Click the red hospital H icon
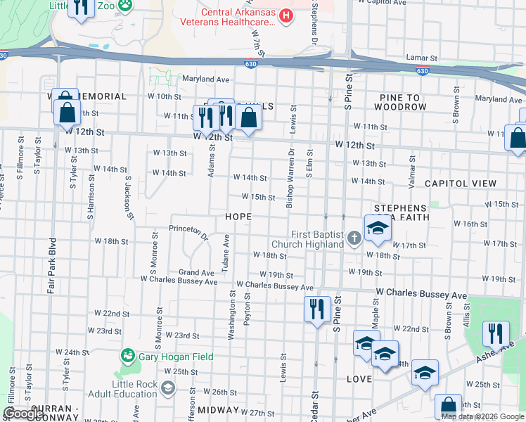pyautogui.click(x=286, y=15)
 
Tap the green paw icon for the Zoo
pyautogui.click(x=125, y=6)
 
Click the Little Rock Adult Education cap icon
pyautogui.click(x=168, y=388)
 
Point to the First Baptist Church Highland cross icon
pyautogui.click(x=354, y=239)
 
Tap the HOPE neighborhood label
pyautogui.click(x=238, y=217)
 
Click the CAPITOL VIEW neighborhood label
pyautogui.click(x=461, y=184)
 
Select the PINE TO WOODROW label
pyautogui.click(x=400, y=102)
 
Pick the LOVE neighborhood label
pyautogui.click(x=359, y=379)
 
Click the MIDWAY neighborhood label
pyautogui.click(x=219, y=409)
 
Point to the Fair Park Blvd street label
pyautogui.click(x=51, y=265)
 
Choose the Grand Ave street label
pyautogui.click(x=196, y=272)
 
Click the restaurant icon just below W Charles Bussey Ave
pyautogui.click(x=317, y=308)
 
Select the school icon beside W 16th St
pyautogui.click(x=378, y=228)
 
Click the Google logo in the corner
pyautogui.click(x=24, y=414)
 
